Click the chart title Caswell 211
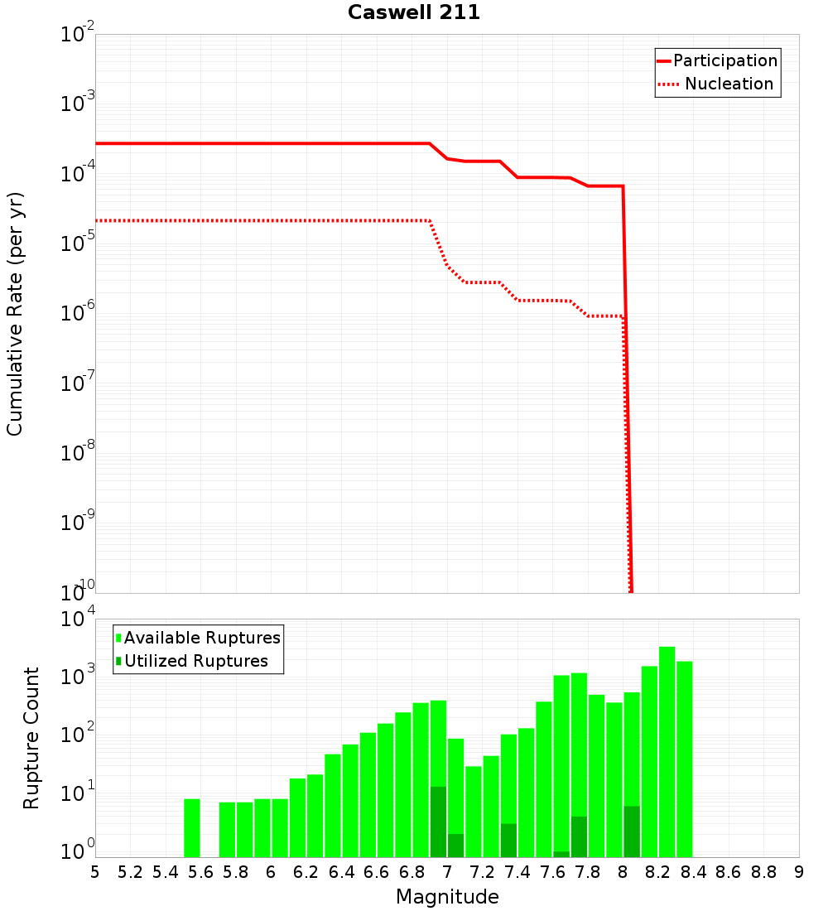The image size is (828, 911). coord(413,12)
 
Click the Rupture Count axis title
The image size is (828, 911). coord(31,737)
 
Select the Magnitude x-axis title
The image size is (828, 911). coord(447,897)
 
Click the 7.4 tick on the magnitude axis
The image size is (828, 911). coord(517,872)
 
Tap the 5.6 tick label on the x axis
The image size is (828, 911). coord(200,872)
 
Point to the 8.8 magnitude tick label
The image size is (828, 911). coord(763,872)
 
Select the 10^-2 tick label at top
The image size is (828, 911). coord(79,35)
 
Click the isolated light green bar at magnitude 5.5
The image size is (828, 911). coord(191,828)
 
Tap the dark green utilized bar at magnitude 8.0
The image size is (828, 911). coord(632,831)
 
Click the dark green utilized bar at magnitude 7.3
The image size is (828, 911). coord(508,841)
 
